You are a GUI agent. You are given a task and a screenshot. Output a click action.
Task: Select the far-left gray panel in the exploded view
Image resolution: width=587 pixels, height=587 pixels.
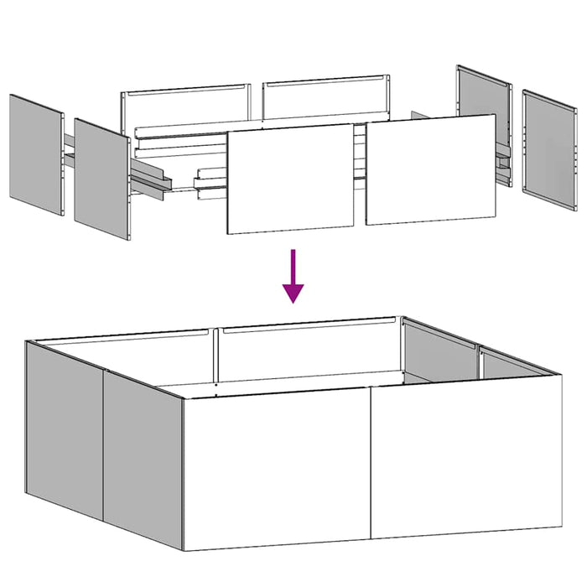(36, 154)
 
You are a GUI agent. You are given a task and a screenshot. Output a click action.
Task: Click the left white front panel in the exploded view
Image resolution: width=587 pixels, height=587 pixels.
(291, 179)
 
